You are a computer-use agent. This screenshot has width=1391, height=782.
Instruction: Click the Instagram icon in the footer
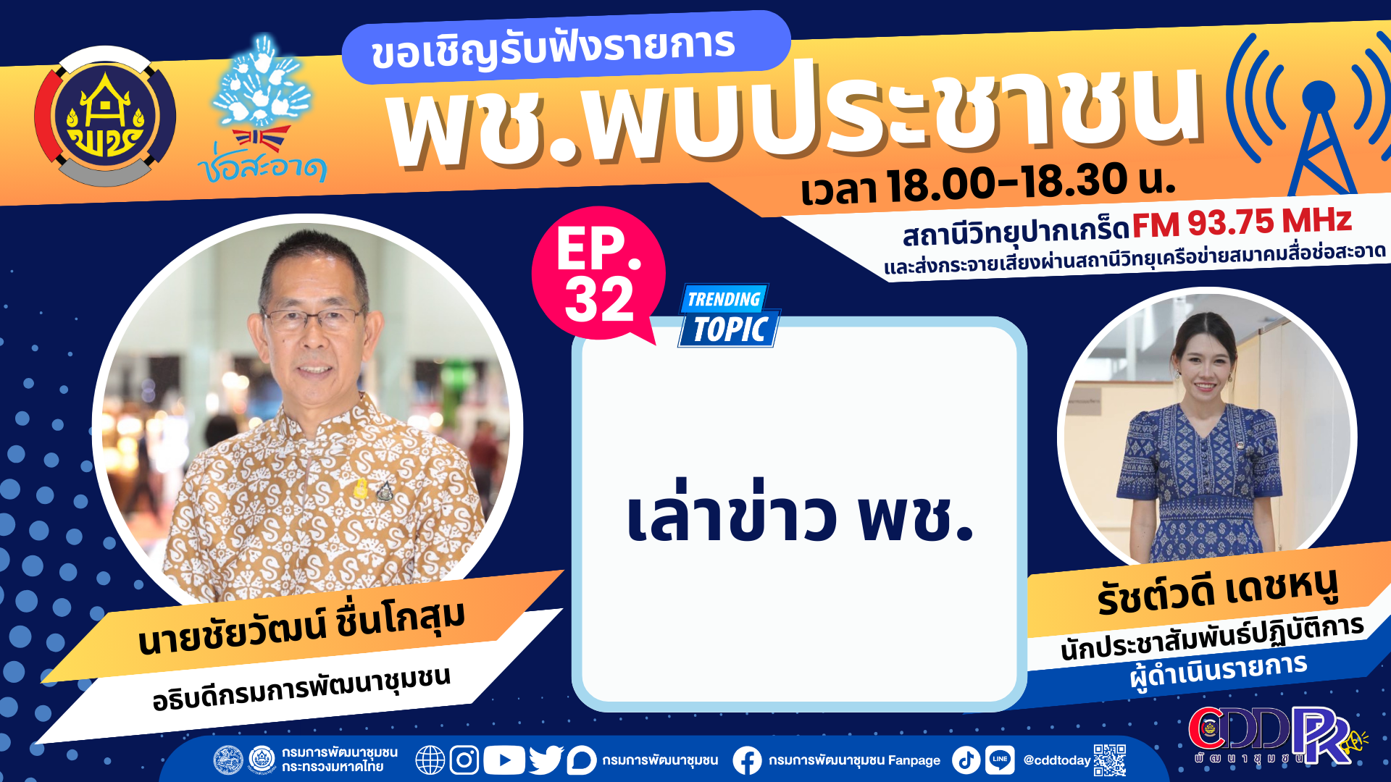464,760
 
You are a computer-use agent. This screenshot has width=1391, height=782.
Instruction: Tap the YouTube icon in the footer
504,760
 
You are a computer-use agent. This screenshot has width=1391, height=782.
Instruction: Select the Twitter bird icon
546,760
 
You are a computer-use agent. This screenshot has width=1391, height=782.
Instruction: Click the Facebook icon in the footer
747,760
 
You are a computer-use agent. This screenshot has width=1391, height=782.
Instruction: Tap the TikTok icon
966,760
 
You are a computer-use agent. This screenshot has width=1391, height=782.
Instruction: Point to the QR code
1109,760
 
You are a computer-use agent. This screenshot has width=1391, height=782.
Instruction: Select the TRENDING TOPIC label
728,316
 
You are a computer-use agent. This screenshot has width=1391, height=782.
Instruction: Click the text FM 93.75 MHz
1241,222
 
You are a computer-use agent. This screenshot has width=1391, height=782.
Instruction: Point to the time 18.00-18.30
1007,182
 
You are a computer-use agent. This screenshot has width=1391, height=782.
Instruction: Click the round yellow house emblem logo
105,117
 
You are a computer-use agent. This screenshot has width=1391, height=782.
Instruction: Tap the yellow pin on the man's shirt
360,488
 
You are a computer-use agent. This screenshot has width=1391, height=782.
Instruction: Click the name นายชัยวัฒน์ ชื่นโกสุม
301,627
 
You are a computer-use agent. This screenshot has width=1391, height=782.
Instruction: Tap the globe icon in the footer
430,760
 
